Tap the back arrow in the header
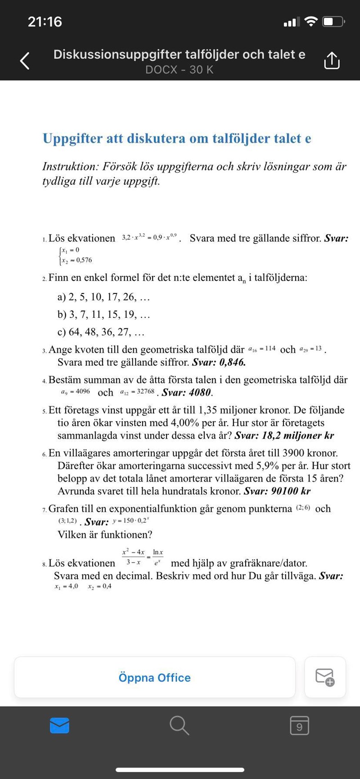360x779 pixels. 25,61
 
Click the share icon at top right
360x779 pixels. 332,60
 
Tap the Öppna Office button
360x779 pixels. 154,677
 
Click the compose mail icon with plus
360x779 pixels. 325,677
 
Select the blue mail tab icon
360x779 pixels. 59,725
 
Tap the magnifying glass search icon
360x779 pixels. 179,725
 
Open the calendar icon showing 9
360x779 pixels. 299,725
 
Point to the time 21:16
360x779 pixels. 45,22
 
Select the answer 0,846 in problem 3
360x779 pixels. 232,362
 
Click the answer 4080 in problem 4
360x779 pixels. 200,392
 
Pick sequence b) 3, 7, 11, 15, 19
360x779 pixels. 103,314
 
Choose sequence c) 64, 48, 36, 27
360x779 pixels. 101,332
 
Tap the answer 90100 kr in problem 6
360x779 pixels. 291,491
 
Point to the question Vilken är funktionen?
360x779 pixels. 105,535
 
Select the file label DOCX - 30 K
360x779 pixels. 179,70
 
